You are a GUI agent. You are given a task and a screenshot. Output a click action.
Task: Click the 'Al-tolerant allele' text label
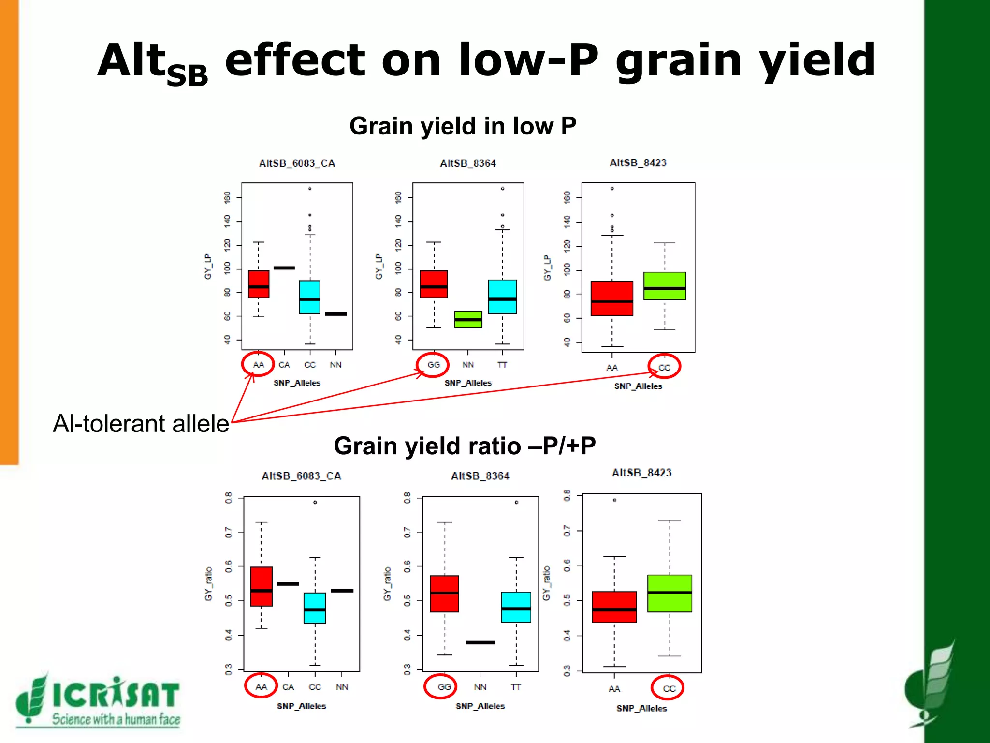coord(141,423)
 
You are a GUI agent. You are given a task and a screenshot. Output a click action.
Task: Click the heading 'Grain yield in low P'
coord(463,126)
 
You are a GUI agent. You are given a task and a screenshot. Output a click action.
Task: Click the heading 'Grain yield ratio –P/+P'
coord(465,446)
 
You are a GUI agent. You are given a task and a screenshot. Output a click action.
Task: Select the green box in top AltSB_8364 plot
coord(468,319)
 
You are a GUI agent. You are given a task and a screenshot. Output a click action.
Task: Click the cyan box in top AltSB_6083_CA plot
coord(309,297)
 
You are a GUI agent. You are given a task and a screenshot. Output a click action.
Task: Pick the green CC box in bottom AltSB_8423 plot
coord(670,594)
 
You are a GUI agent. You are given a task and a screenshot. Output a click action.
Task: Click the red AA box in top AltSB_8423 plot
coord(611,298)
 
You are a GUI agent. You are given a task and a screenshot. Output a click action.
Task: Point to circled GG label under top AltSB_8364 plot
coord(433,365)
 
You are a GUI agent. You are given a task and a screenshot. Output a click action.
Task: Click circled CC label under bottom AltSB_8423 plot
coord(669,688)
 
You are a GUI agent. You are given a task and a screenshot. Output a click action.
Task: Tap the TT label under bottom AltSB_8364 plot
coord(516,687)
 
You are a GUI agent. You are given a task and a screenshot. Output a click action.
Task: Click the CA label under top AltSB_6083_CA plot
coord(284,365)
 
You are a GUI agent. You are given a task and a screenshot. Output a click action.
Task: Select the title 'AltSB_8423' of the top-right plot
coord(638,163)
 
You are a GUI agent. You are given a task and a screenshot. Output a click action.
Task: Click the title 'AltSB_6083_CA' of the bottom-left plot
coord(301,476)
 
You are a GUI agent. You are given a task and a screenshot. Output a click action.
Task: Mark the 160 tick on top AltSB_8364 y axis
coord(398,197)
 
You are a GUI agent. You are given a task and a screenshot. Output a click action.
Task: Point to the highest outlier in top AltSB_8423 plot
coord(612,189)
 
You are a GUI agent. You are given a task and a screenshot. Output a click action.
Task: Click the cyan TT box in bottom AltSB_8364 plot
coord(516,607)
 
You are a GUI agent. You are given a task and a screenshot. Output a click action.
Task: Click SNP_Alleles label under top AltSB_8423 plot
coord(638,386)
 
